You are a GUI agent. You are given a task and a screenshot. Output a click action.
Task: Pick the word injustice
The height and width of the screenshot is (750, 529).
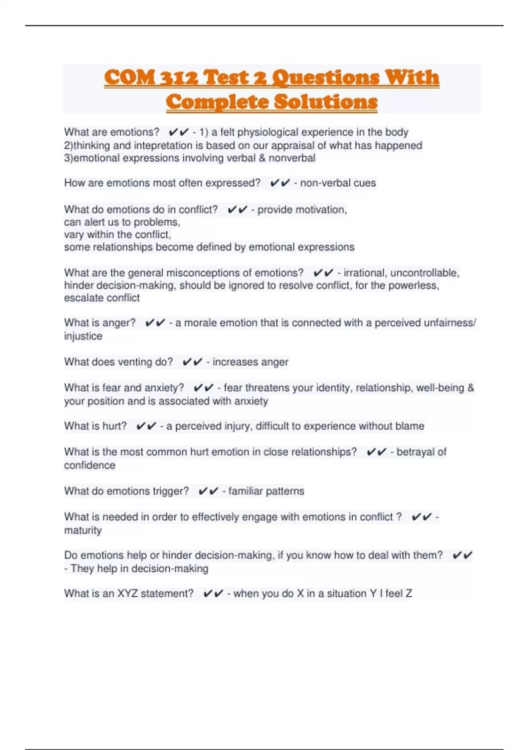pyautogui.click(x=83, y=336)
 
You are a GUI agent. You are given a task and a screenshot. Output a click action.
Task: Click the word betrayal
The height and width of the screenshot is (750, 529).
pyautogui.click(x=416, y=452)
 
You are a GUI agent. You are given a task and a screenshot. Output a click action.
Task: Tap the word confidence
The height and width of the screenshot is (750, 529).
pyautogui.click(x=89, y=465)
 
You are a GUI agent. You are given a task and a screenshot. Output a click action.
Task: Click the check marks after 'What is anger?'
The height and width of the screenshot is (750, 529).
pyautogui.click(x=155, y=323)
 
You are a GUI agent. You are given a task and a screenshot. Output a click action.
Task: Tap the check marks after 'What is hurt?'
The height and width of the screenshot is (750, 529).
pyautogui.click(x=146, y=426)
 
